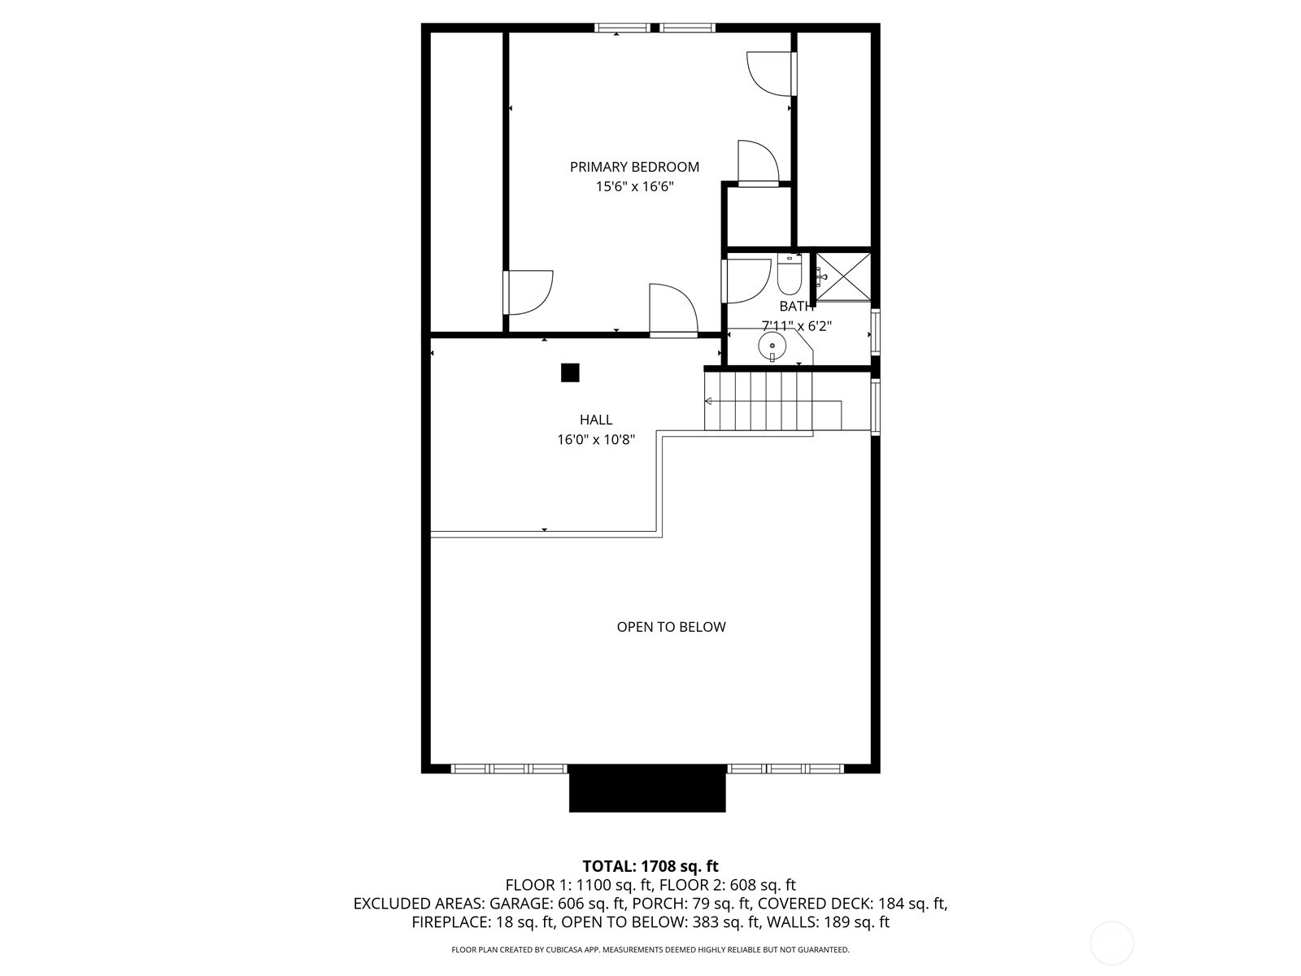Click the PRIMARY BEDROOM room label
coord(634,167)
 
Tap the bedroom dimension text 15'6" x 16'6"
coord(634,187)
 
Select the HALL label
coord(596,420)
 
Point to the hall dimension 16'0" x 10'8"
coord(596,440)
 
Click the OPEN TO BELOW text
coord(671,627)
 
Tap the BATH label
coord(796,307)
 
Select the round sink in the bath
coord(772,345)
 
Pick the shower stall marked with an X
coord(843,277)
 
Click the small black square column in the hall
coord(570,373)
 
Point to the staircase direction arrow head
coord(707,401)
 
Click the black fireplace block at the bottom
coord(647,788)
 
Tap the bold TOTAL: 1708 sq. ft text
coord(650,866)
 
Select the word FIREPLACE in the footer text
coord(450,922)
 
